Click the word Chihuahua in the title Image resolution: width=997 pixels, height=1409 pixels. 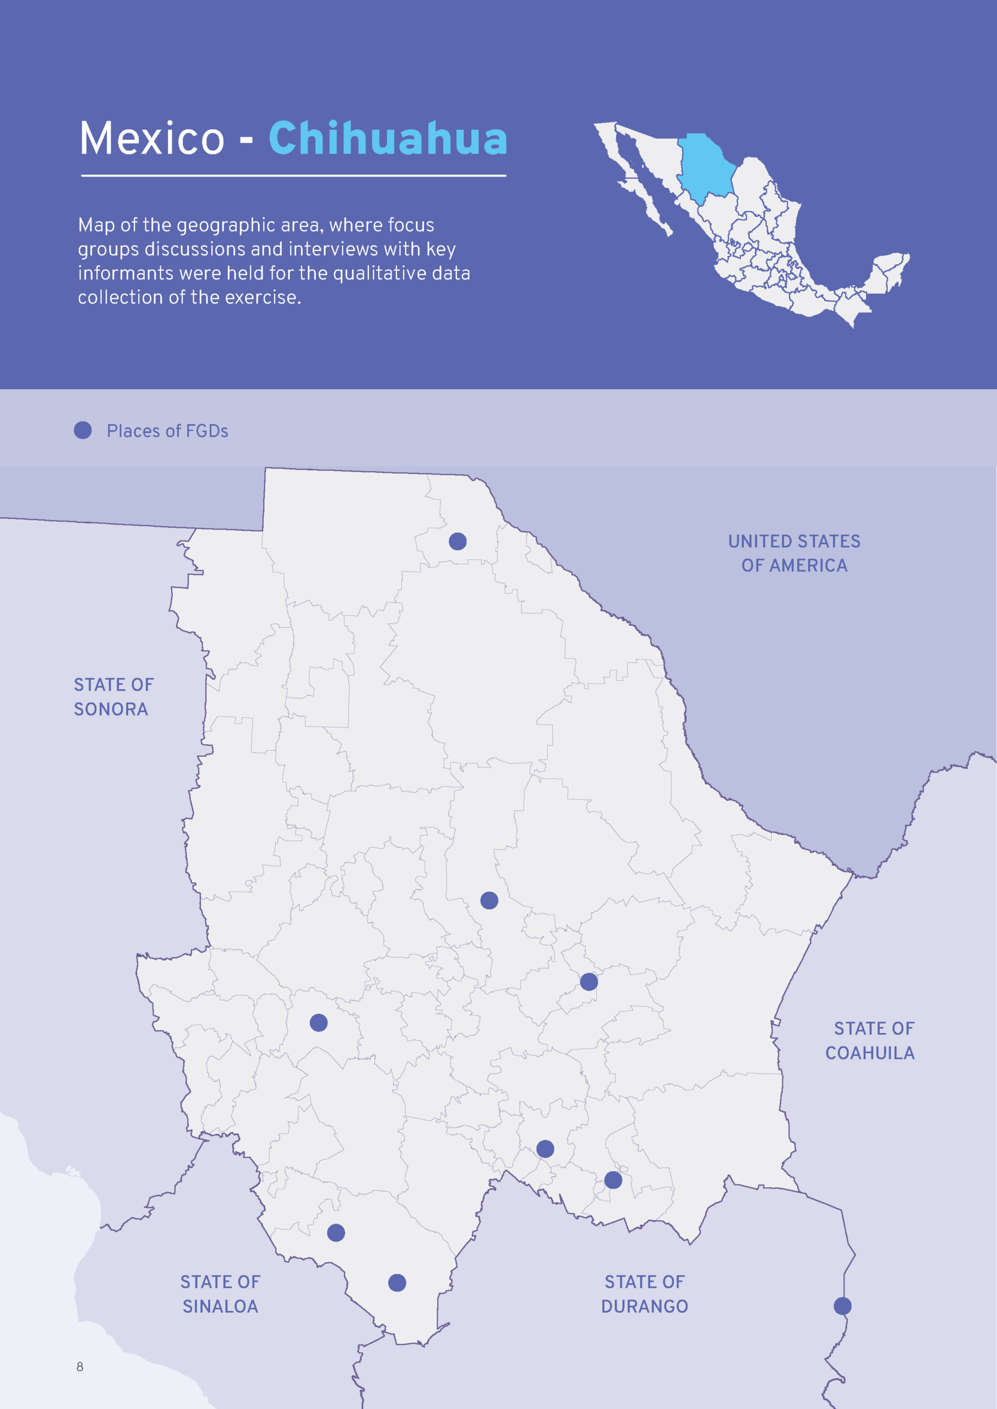tap(388, 139)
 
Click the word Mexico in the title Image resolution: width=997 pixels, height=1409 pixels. tap(152, 139)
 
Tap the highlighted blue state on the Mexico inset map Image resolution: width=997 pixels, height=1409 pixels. tap(706, 166)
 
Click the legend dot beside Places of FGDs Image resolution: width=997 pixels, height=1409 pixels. tap(83, 430)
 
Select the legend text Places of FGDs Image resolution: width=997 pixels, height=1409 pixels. tap(167, 431)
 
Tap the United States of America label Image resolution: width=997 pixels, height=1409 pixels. tap(794, 553)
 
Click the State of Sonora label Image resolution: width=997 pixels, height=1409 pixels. tap(113, 697)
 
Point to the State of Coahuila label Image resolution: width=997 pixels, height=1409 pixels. tap(870, 1040)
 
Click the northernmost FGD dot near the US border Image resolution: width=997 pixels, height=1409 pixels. tap(457, 541)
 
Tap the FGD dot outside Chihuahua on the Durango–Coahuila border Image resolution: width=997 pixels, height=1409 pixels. tap(842, 1306)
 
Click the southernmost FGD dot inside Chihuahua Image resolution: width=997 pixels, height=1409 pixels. tap(397, 1282)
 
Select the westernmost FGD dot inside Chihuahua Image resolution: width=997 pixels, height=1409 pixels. tap(319, 1023)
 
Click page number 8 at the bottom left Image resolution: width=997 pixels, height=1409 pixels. tap(80, 1366)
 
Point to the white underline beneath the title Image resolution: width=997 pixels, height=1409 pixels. tap(293, 176)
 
